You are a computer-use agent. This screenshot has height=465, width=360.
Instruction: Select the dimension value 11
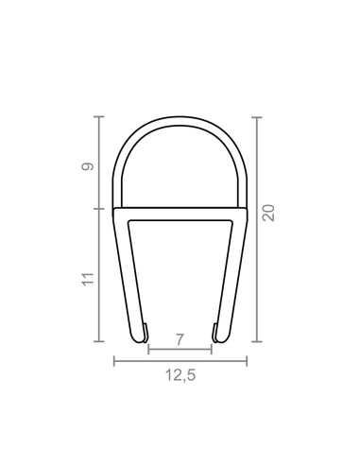(x=87, y=278)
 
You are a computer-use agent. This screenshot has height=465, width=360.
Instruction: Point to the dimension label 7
(x=180, y=336)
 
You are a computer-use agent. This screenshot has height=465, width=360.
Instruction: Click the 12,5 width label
(x=180, y=375)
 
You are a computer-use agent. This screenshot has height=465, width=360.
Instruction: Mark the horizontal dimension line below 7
(x=180, y=348)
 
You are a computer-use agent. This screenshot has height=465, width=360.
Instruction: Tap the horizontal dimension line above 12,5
(x=180, y=360)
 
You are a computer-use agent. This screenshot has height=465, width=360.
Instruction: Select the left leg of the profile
(x=124, y=274)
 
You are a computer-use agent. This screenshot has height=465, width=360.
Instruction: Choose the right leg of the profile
(x=235, y=274)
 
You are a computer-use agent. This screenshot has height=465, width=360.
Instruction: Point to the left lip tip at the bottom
(x=146, y=331)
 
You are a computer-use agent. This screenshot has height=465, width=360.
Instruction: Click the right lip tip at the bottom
(x=214, y=331)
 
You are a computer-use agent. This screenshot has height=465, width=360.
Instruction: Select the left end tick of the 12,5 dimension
(x=113, y=360)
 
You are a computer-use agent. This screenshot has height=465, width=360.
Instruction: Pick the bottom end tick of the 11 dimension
(x=99, y=341)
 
